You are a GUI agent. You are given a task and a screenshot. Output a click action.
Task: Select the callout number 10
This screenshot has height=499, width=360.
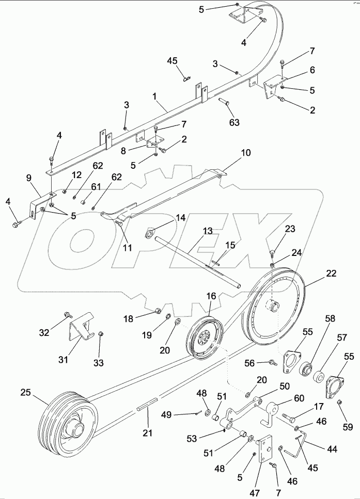[x=245, y=153]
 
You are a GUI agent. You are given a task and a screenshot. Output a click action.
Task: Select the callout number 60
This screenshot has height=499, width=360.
[x=299, y=398]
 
